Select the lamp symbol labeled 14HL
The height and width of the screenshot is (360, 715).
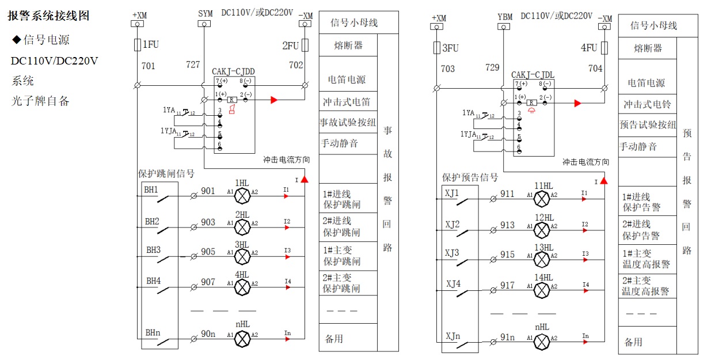tap(542, 290)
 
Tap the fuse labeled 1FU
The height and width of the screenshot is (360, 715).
tap(137, 44)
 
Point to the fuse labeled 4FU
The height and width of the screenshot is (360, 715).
tap(605, 48)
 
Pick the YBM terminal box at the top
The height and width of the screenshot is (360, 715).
tap(504, 26)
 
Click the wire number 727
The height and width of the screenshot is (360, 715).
tap(193, 65)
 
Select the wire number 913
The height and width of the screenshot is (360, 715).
tap(507, 225)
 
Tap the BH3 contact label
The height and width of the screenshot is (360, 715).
tap(153, 251)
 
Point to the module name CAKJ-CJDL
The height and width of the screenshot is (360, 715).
tap(533, 75)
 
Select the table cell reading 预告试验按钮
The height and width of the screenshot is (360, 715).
tap(648, 124)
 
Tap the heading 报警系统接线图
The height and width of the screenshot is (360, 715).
tap(48, 16)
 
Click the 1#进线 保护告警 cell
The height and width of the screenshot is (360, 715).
tap(641, 201)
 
